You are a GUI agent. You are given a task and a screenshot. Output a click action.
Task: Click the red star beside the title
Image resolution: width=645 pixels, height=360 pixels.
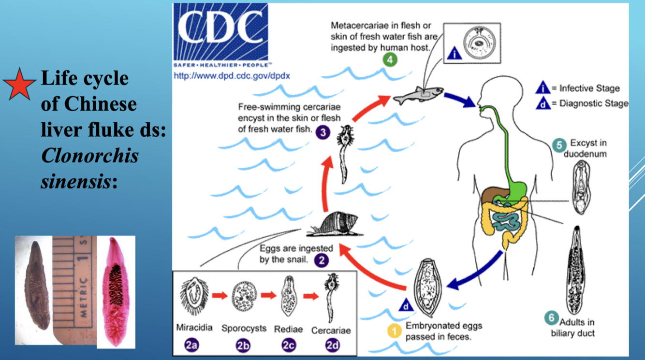coord(20,84)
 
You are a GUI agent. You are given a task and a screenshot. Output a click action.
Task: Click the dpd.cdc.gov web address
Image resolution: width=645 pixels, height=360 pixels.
coord(232,75)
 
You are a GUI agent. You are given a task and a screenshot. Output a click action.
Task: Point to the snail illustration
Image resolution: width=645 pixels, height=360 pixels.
coord(334,223)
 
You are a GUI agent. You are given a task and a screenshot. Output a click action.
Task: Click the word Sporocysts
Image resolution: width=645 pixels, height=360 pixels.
coord(244,329)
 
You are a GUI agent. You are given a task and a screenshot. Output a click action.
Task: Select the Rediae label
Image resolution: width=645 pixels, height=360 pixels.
coord(288,329)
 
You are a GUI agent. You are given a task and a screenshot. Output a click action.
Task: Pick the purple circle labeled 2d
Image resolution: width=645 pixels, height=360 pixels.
coord(333,345)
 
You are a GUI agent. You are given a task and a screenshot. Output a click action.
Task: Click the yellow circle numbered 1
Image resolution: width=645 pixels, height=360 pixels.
coord(395,331)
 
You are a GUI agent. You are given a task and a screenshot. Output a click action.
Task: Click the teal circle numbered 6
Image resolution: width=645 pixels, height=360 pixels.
coord(551,318)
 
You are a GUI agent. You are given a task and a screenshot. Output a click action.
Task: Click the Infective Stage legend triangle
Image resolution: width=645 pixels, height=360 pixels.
coord(543,88)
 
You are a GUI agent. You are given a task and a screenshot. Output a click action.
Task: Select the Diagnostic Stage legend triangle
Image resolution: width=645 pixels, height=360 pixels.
coord(543,103)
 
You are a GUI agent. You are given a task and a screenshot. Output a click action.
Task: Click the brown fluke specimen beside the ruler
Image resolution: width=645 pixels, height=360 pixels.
coord(37,285)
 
